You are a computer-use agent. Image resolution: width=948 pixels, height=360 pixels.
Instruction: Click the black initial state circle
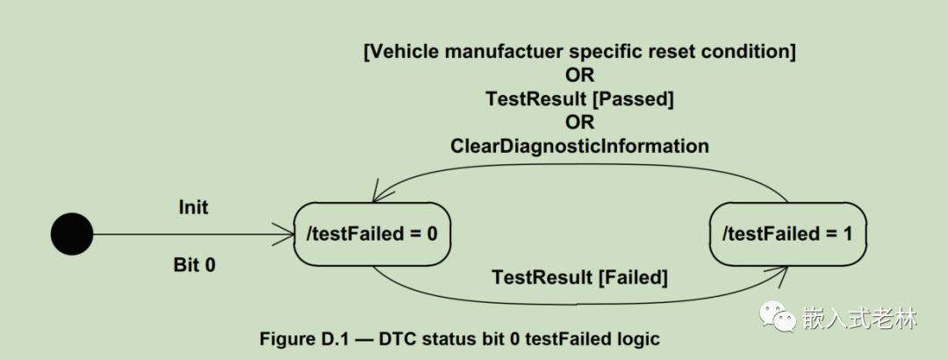[72, 234]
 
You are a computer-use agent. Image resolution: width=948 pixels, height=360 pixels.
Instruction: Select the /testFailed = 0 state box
[372, 234]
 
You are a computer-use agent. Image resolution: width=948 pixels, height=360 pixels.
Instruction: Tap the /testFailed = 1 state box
[787, 234]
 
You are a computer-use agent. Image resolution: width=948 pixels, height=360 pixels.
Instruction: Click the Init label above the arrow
[193, 207]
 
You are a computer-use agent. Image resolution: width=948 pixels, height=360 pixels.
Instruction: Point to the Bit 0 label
[194, 265]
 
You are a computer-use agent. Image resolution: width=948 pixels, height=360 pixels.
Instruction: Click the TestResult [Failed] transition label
[580, 278]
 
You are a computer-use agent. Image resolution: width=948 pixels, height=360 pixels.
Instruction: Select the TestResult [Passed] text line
[580, 99]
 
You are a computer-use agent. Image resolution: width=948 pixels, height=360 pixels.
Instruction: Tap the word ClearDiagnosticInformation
[580, 146]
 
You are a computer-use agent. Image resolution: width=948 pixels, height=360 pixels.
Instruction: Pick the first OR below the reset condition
[580, 75]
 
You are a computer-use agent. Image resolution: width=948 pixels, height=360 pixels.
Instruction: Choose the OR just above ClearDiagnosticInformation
[580, 122]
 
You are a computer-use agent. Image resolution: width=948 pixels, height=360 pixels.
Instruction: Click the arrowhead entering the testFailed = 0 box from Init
[284, 234]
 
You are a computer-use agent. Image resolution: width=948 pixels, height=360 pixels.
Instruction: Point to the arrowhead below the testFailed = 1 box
[780, 276]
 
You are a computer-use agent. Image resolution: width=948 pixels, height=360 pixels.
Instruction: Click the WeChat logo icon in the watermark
[778, 316]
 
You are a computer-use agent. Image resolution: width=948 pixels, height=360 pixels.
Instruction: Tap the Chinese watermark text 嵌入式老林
[859, 318]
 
